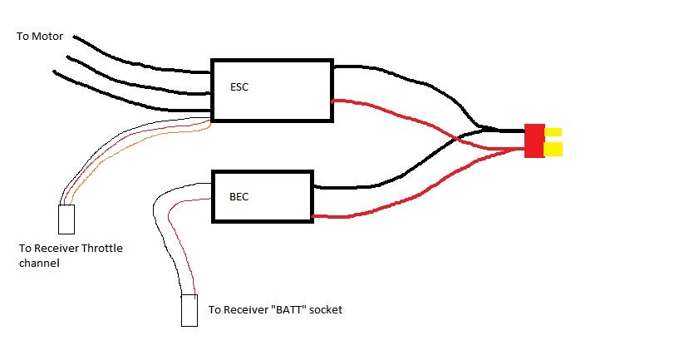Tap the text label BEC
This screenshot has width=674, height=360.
[x=239, y=197]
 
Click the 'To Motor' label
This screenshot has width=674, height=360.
[x=41, y=37]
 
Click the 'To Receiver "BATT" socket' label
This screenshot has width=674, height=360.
[x=275, y=310]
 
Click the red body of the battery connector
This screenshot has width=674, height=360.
[x=534, y=141]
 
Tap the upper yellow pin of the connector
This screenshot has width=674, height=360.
[x=553, y=132]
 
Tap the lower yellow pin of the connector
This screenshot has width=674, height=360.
[x=553, y=149]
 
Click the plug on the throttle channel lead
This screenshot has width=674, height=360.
[x=67, y=219]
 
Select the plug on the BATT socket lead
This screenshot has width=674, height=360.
[x=189, y=311]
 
